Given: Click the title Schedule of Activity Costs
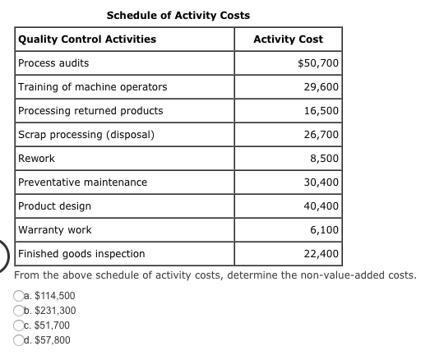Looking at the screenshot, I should click(178, 15).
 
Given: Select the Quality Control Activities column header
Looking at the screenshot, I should click(87, 39).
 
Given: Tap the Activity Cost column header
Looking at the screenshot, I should click(288, 39).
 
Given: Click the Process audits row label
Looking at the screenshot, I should click(54, 63).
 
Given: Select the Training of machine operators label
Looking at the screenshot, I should click(93, 87).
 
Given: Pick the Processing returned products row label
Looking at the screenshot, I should click(90, 111).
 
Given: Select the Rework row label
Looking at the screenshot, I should click(37, 159).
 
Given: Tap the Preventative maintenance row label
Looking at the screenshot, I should click(83, 182).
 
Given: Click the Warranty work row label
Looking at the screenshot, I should click(55, 230).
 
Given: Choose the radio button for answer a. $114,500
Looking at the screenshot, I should click(18, 296).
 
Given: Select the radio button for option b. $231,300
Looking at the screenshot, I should click(18, 311).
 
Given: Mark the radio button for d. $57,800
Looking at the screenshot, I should click(18, 340).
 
